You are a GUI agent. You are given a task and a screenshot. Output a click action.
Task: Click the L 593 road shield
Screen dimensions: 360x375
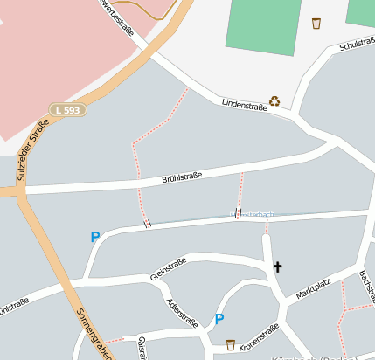[x=66, y=110]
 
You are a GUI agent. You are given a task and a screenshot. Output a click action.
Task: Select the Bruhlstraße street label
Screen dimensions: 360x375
[x=182, y=178]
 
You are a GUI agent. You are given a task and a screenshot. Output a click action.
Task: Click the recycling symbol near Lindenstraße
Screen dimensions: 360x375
[x=274, y=100]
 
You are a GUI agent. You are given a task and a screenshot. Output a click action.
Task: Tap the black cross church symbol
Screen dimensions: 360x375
[x=278, y=267]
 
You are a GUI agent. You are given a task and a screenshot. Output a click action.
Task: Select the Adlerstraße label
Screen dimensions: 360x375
[x=183, y=312]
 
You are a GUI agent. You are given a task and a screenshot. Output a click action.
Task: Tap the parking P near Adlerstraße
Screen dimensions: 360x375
[x=219, y=319]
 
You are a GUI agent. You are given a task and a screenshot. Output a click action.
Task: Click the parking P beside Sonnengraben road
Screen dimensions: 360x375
[x=94, y=237]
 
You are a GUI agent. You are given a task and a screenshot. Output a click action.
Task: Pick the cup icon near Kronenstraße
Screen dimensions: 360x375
[x=231, y=344]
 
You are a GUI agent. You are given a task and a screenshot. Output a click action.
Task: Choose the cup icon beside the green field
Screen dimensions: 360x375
[x=316, y=24]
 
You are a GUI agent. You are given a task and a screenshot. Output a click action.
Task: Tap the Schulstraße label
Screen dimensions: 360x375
[x=356, y=43]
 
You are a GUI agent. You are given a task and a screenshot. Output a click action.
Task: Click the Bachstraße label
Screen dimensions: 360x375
[x=366, y=284]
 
